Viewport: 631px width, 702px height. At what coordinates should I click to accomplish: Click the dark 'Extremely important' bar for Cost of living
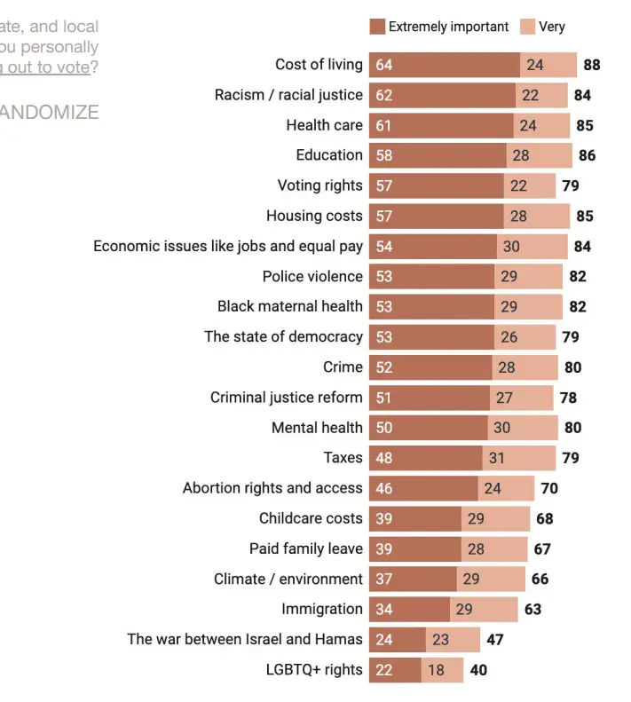(444, 65)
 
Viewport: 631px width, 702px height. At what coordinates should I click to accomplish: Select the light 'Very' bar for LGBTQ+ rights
(442, 670)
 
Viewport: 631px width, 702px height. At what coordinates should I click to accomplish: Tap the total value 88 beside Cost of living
(591, 65)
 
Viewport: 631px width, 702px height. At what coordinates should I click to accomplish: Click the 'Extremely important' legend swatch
(377, 27)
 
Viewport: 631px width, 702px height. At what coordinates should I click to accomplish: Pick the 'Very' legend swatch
(527, 27)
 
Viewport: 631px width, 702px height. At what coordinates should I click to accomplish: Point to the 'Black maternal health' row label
(290, 306)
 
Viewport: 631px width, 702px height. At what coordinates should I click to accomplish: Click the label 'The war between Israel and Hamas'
(245, 639)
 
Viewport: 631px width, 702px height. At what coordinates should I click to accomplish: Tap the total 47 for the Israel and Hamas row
(495, 640)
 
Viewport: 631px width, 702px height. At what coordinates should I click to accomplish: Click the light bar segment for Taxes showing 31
(518, 458)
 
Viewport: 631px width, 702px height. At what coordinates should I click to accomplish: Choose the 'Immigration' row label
(322, 609)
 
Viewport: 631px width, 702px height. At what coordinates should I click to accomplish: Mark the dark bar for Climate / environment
(413, 579)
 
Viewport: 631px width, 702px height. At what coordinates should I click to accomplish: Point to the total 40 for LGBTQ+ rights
(478, 670)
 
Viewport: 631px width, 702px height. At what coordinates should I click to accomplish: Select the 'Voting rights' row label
(319, 185)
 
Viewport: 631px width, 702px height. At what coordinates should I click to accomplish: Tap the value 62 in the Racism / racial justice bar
(384, 95)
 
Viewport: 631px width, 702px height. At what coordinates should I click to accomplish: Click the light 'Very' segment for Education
(539, 155)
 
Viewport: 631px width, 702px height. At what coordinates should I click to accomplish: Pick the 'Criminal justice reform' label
(286, 398)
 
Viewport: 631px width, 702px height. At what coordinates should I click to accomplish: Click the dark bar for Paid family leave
(414, 548)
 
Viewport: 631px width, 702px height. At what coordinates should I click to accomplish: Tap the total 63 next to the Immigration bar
(532, 610)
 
